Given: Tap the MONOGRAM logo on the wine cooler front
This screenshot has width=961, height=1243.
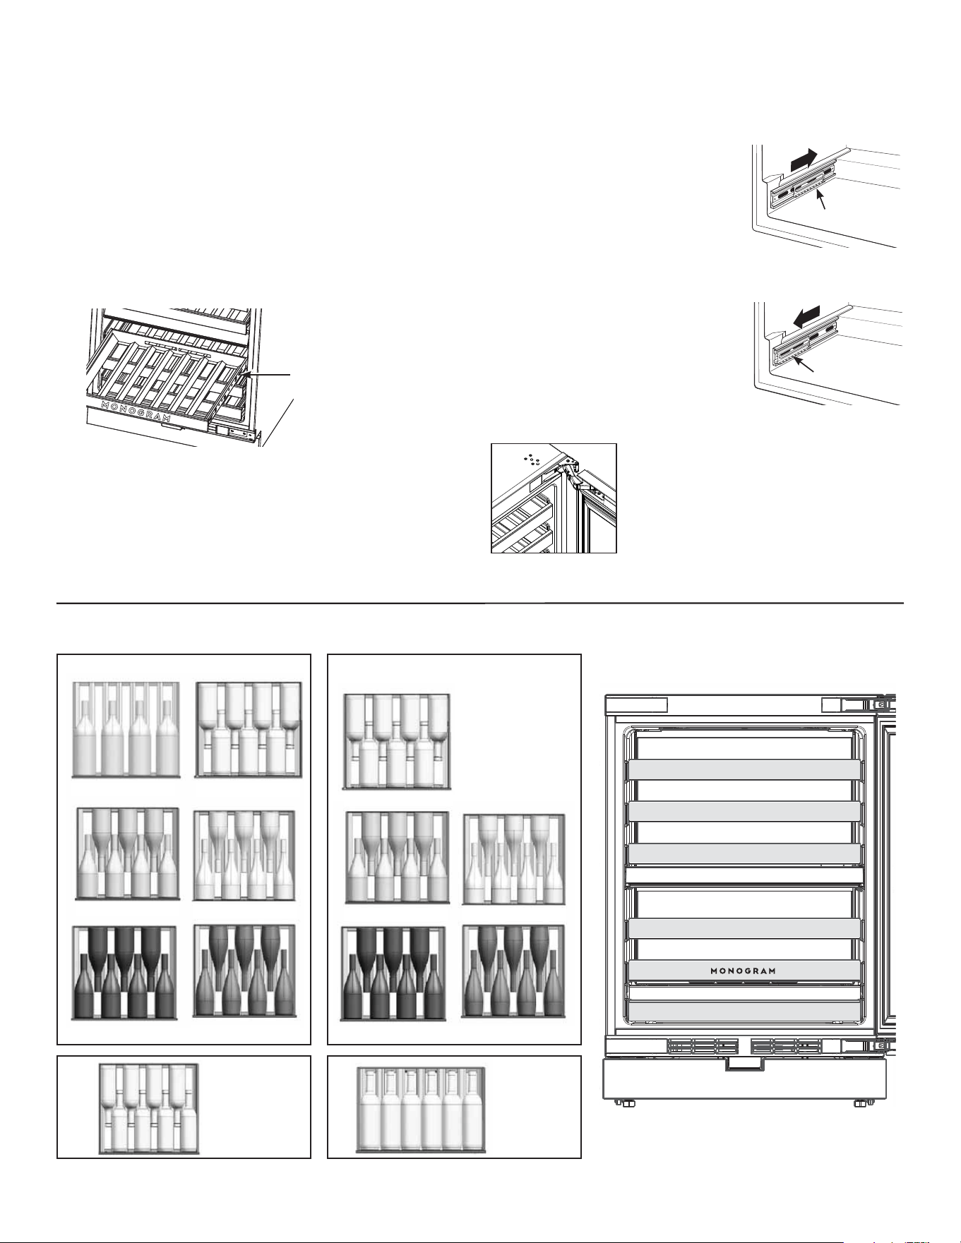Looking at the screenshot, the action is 743,971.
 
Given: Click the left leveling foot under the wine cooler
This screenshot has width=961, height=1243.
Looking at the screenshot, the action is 627,1103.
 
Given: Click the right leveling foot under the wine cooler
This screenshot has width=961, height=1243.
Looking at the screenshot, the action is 860,1103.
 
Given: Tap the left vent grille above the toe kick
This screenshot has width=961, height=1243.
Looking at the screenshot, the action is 702,1045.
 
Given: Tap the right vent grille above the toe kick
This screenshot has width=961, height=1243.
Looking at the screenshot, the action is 785,1045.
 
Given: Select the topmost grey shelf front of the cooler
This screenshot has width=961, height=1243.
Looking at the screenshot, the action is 744,770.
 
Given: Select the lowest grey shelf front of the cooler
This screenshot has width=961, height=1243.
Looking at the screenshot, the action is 744,1011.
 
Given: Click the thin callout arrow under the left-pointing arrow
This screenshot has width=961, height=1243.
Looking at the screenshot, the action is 804,364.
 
